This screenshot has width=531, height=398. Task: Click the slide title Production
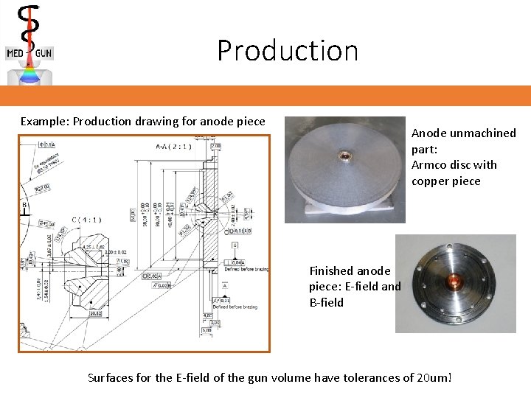point(288,51)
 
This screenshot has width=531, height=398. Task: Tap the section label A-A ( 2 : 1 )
point(174,146)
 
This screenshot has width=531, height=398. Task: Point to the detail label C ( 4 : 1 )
point(86,219)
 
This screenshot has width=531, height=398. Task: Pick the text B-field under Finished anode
point(326,302)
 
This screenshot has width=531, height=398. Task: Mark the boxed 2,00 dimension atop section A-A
point(215,146)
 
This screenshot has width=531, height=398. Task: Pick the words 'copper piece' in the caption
point(445,181)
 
